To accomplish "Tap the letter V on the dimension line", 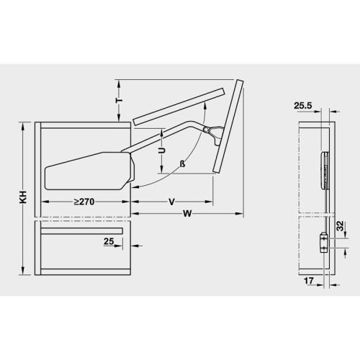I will coord(171,202).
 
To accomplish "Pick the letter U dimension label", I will coord(163,152).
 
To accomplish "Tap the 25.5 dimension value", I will coord(304,105).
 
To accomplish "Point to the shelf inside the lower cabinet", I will coord(83,232).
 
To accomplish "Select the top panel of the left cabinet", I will coord(83,124).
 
